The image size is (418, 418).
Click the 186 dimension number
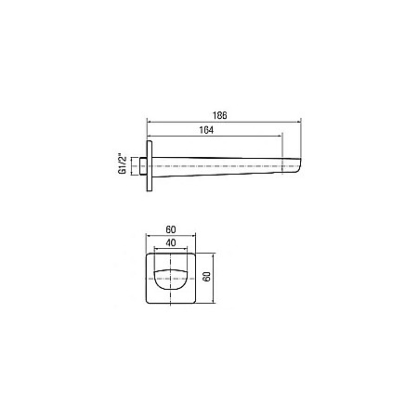click(220, 115)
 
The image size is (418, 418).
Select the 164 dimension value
click(206, 130)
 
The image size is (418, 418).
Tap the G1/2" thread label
click(123, 165)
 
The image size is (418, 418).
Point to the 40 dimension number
click(171, 242)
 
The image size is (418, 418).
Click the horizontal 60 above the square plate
click(171, 229)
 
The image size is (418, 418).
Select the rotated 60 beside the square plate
click(207, 277)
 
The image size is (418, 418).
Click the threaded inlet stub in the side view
click(143, 166)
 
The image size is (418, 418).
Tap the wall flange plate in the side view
click(150, 166)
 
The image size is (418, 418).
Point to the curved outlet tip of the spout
click(298, 165)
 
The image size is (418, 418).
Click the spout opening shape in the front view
click(170, 281)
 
